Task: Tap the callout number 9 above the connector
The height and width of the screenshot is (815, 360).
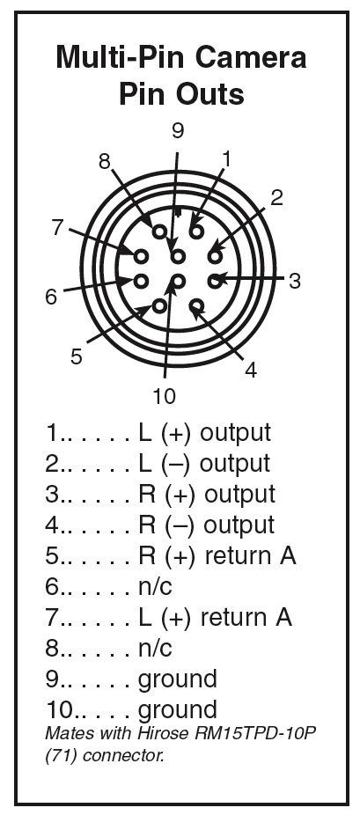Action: [178, 131]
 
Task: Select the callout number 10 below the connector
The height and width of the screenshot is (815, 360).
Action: [165, 397]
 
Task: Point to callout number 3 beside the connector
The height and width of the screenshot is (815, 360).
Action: [295, 281]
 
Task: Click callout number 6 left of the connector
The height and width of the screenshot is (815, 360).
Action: [51, 297]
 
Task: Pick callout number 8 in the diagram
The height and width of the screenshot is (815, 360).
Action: [105, 162]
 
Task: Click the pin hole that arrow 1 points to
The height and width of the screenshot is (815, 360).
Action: [196, 231]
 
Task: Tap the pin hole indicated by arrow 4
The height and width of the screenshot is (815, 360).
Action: [196, 306]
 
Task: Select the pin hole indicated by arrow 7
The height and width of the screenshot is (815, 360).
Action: [142, 256]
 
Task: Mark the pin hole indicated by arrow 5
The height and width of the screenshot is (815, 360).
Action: [159, 306]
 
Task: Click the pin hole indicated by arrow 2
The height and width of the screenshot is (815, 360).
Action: [215, 256]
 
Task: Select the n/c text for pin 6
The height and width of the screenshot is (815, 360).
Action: [155, 587]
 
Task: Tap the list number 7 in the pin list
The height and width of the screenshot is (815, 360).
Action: [51, 618]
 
